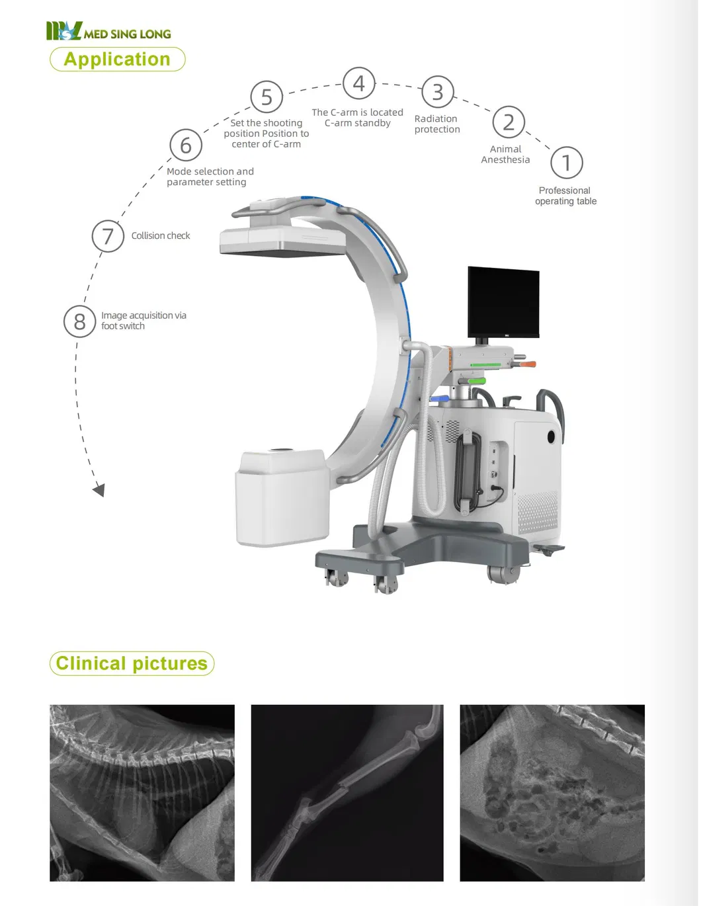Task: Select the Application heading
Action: click(117, 60)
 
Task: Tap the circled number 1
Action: click(566, 163)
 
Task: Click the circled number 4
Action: click(358, 84)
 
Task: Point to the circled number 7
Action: click(108, 236)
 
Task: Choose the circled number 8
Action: click(79, 321)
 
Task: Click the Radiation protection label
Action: click(436, 124)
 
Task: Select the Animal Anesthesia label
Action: click(505, 155)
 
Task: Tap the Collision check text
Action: click(160, 236)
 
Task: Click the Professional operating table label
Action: click(565, 196)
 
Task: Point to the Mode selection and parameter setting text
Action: click(210, 177)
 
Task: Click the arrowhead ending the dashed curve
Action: click(99, 490)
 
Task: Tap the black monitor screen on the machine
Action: click(503, 302)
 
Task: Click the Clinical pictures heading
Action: click(132, 663)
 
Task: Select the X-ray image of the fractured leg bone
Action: click(347, 792)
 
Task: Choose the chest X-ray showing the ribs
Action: click(142, 792)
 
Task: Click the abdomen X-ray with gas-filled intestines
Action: click(552, 792)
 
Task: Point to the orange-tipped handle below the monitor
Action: click(527, 364)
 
